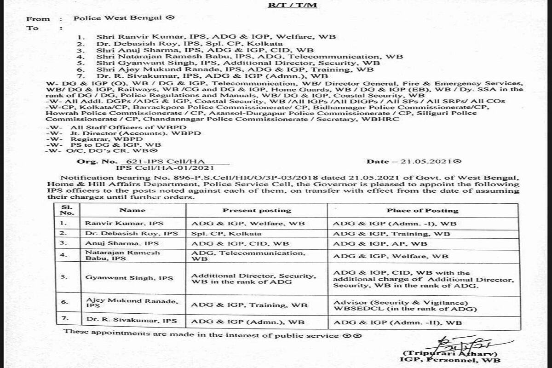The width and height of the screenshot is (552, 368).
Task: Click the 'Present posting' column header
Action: pyautogui.click(x=257, y=210)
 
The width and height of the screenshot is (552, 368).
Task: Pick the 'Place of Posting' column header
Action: pyautogui.click(x=422, y=210)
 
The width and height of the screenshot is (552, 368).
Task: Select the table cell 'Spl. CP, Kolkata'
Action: pyautogui.click(x=218, y=234)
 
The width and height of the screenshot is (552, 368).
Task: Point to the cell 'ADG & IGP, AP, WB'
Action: pyautogui.click(x=380, y=244)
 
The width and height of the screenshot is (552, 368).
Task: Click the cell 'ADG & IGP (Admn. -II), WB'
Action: pyautogui.click(x=397, y=323)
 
